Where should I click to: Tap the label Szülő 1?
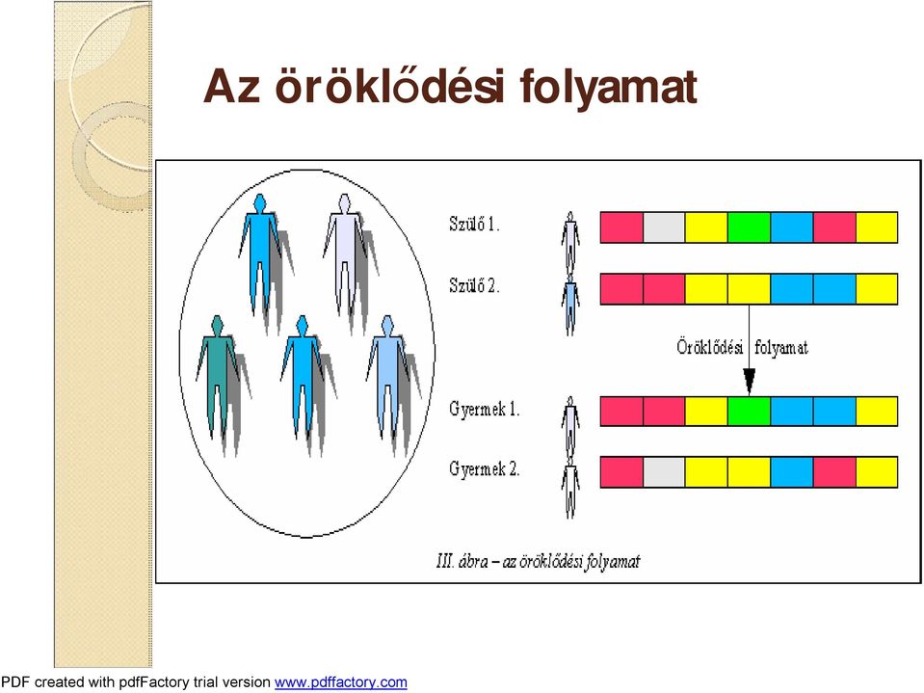(474, 224)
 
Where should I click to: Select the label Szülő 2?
(474, 285)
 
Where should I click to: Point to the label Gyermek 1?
(484, 409)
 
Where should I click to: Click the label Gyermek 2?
(484, 469)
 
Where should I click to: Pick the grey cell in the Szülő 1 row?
(664, 227)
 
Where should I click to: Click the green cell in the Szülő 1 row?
(749, 227)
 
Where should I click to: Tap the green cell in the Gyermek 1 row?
(749, 412)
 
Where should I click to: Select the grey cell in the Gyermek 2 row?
(664, 472)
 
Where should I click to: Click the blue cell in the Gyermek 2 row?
(791, 472)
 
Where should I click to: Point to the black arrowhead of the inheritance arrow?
(749, 382)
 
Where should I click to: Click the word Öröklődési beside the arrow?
(709, 347)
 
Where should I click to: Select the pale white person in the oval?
(345, 253)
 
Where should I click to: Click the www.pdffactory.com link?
(341, 682)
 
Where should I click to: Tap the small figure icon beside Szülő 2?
(570, 306)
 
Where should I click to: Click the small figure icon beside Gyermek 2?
(570, 489)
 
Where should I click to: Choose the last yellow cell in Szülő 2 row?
(877, 289)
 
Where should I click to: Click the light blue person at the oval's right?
(387, 377)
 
